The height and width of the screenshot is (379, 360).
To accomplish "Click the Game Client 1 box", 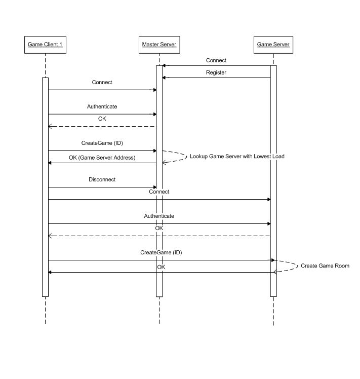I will pos(45,45).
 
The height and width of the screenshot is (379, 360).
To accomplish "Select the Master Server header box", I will pos(159,45).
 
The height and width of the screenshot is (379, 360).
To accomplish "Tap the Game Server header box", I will pos(273,45).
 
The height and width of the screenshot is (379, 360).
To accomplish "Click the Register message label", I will pos(216,72).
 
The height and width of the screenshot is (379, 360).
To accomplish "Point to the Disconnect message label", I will pos(102,180).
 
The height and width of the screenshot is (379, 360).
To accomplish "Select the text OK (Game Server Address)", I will pos(102,158).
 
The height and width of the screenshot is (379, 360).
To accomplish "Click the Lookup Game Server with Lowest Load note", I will pos(237,157).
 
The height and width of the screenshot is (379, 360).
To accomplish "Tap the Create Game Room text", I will pos(325,266).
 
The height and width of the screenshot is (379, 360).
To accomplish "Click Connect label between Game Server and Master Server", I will pos(216,60).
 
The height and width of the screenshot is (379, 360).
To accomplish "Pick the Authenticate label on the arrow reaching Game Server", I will pos(159,216).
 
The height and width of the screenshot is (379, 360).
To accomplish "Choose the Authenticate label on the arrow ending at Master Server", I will pos(102,107).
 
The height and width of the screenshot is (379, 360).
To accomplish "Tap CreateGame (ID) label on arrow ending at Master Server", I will pos(102,143).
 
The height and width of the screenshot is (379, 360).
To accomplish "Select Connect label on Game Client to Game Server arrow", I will pos(159,192).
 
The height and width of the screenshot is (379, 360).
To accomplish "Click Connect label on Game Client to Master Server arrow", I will pos(102,82).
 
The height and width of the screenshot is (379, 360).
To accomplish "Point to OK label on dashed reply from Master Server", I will pos(102,119).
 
